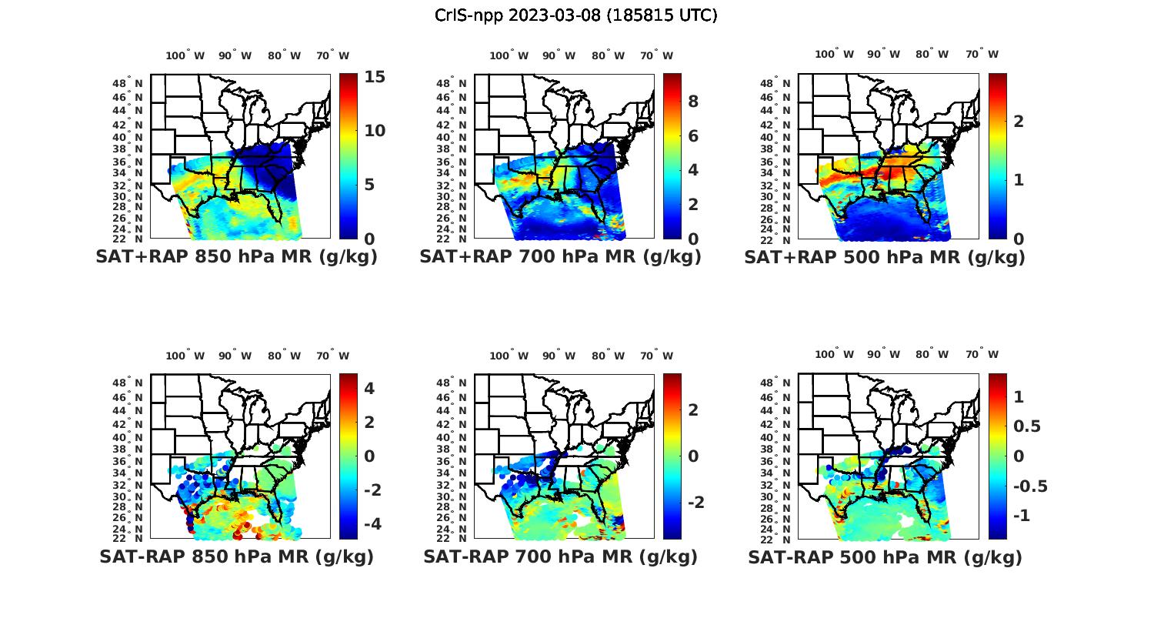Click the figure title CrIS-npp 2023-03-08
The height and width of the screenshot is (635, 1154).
pyautogui.click(x=575, y=15)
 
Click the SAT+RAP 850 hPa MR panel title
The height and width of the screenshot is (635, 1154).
pyautogui.click(x=236, y=257)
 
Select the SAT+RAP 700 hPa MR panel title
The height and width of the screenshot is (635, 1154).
pyautogui.click(x=560, y=257)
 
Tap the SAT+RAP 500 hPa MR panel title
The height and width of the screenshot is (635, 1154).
pyautogui.click(x=884, y=257)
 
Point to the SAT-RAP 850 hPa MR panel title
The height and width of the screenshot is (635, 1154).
pyautogui.click(x=236, y=556)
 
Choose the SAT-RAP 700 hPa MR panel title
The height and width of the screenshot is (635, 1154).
pyautogui.click(x=560, y=556)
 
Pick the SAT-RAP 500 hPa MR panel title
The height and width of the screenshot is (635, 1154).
pyautogui.click(x=884, y=556)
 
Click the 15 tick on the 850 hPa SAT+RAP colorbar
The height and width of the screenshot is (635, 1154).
pyautogui.click(x=375, y=78)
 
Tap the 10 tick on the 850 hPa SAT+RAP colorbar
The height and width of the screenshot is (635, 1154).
pyautogui.click(x=375, y=131)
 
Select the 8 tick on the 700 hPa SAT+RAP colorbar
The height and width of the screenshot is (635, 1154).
pyautogui.click(x=693, y=102)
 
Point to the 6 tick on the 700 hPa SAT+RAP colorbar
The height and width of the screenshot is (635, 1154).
pyautogui.click(x=693, y=136)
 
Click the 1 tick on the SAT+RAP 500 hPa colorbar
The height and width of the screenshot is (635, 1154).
pyautogui.click(x=1018, y=180)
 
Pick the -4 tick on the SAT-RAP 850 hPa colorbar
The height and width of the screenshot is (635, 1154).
pyautogui.click(x=369, y=524)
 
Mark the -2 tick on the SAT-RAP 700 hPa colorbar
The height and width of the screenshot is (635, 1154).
pyautogui.click(x=693, y=503)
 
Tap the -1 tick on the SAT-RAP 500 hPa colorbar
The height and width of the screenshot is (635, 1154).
pyautogui.click(x=1022, y=516)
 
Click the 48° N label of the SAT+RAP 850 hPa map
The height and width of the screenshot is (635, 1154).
pyautogui.click(x=128, y=83)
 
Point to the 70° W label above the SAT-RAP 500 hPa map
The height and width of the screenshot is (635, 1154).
pyautogui.click(x=982, y=355)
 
